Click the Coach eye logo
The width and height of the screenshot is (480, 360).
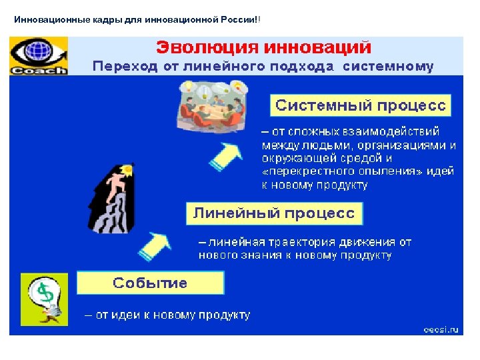click(x=39, y=56)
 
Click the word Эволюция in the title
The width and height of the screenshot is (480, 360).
click(x=207, y=47)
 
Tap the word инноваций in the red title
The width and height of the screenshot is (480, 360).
click(x=318, y=47)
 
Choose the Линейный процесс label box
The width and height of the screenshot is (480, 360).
click(x=274, y=213)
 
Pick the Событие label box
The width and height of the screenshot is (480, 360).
click(x=150, y=283)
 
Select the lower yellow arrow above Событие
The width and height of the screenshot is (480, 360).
click(x=155, y=247)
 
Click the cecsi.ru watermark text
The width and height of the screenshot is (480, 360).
click(x=440, y=328)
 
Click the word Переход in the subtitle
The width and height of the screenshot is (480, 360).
click(x=119, y=67)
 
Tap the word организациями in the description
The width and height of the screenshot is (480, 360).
click(x=400, y=145)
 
